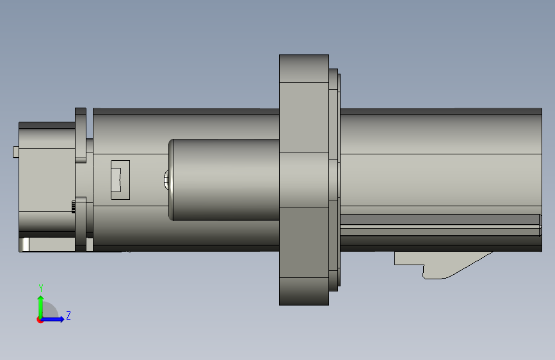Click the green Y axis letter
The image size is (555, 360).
(x=41, y=288)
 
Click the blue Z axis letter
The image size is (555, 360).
(x=68, y=315)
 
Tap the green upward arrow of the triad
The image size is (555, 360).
(x=41, y=307)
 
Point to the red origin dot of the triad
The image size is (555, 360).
(x=40, y=320)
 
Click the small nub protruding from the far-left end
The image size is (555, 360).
(x=16, y=152)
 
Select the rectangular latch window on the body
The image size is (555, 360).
(x=120, y=180)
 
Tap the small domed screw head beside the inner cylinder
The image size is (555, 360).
(x=166, y=179)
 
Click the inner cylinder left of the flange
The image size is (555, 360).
(x=224, y=179)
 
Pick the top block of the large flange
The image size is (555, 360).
(x=304, y=69)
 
